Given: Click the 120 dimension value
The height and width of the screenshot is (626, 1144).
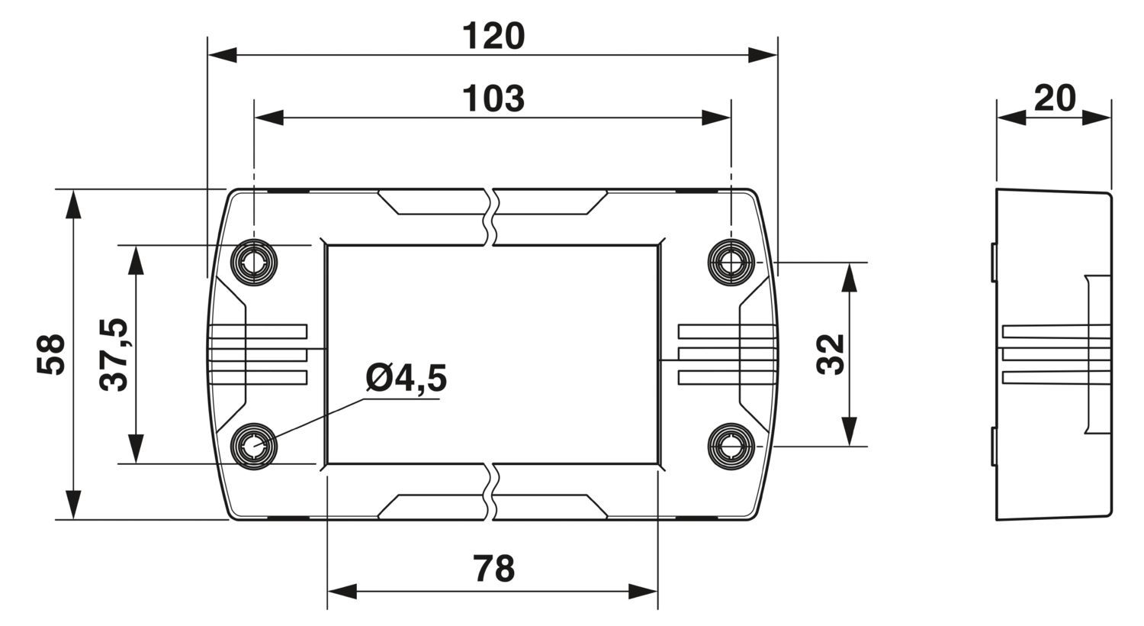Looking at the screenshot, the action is pyautogui.click(x=493, y=36).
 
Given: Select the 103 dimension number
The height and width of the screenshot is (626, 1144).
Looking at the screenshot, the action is pyautogui.click(x=493, y=98).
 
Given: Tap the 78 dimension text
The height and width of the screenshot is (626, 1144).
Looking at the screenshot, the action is pyautogui.click(x=493, y=568).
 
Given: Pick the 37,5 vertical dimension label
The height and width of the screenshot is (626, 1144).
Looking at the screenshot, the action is pyautogui.click(x=114, y=355).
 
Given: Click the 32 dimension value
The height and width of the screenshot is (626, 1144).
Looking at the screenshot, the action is pyautogui.click(x=831, y=354).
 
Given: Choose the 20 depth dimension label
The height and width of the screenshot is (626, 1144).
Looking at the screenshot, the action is pyautogui.click(x=1055, y=98).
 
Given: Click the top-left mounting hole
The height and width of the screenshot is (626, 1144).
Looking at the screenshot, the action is pyautogui.click(x=254, y=263).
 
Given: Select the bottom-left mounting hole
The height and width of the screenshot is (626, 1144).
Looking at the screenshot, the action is pyautogui.click(x=254, y=446).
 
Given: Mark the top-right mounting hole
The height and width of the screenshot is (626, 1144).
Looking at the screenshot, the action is pyautogui.click(x=731, y=263).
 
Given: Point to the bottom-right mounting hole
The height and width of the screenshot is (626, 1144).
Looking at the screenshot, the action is pyautogui.click(x=731, y=446).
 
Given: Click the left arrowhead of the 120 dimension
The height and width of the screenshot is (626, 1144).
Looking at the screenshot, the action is pyautogui.click(x=223, y=55).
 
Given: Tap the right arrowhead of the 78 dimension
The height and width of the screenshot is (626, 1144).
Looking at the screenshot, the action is pyautogui.click(x=642, y=592).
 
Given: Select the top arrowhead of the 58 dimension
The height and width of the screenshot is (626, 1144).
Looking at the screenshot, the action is pyautogui.click(x=73, y=204).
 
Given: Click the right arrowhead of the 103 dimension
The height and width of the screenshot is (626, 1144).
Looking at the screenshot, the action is pyautogui.click(x=716, y=118).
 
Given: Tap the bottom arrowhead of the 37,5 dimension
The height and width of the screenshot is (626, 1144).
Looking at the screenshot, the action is pyautogui.click(x=136, y=449).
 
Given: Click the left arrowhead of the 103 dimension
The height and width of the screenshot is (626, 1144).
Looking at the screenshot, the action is pyautogui.click(x=269, y=118).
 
